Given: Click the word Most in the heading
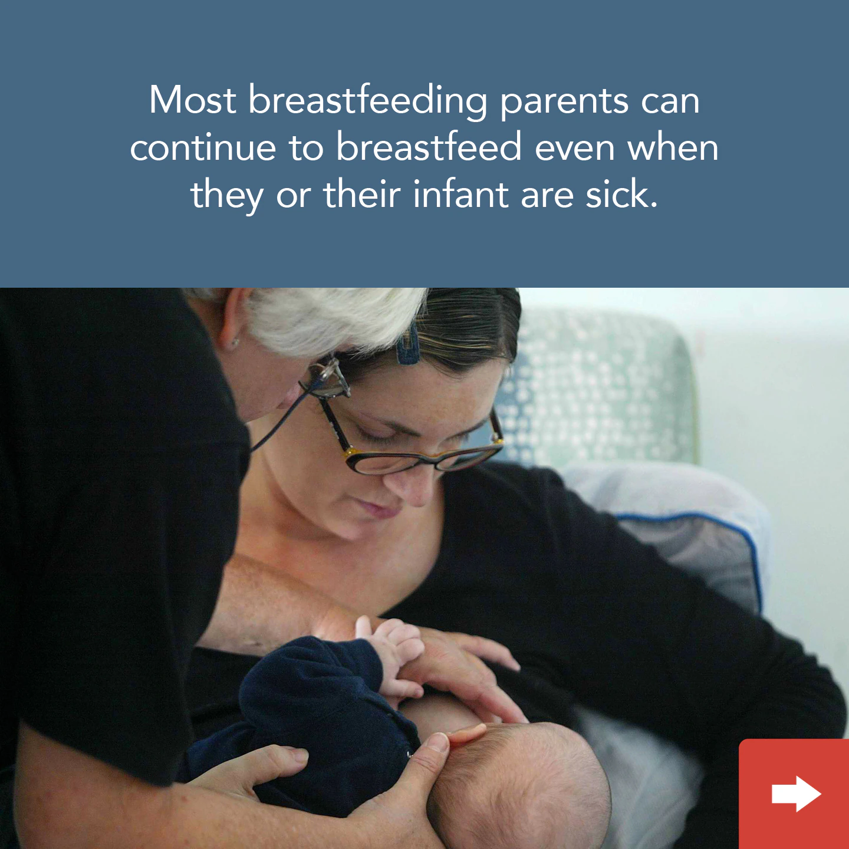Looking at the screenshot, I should pyautogui.click(x=192, y=100).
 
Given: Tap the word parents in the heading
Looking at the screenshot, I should pyautogui.click(x=564, y=101).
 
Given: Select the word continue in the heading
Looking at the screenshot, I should pyautogui.click(x=203, y=147).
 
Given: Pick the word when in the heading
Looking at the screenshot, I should pyautogui.click(x=673, y=147).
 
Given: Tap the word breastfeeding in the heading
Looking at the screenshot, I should pyautogui.click(x=368, y=100).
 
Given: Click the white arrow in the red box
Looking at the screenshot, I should pyautogui.click(x=796, y=794).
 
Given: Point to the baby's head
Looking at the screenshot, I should pyautogui.click(x=525, y=778).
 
